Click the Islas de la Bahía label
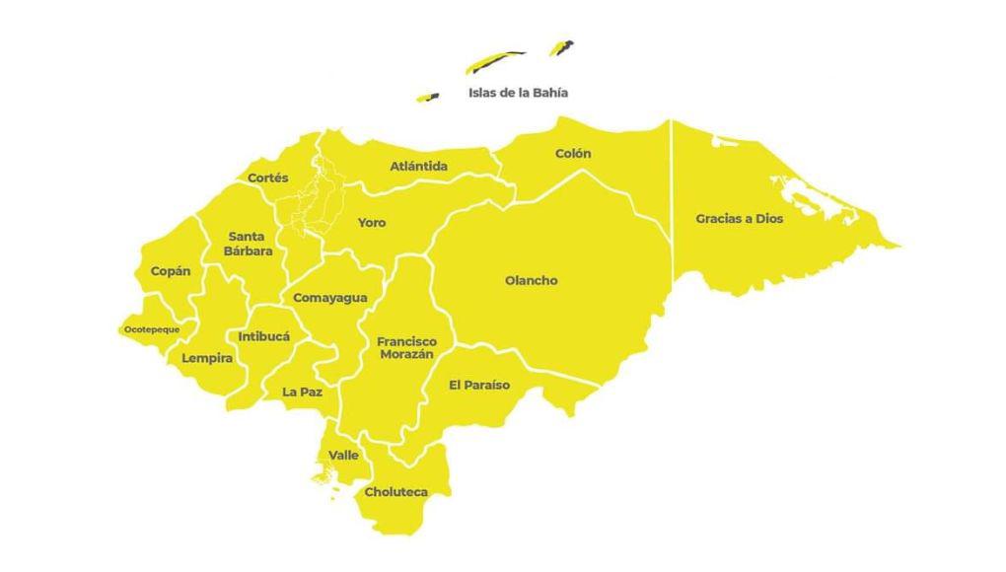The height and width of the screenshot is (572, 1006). [x=518, y=93]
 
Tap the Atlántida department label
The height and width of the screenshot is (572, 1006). [x=418, y=167]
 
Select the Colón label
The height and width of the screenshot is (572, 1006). [x=573, y=154]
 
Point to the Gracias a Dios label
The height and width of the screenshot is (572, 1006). [x=739, y=219]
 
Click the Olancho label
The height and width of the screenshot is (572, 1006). [x=532, y=281]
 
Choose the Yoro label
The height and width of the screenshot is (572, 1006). [x=372, y=223]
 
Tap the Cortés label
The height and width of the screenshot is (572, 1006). [x=268, y=179]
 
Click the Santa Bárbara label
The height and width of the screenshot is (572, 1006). [x=248, y=244]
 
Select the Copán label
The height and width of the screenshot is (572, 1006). [x=171, y=271]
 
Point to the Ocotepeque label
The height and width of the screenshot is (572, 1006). [x=152, y=329]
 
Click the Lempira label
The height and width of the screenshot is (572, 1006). [x=207, y=358]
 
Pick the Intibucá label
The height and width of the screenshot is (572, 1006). [x=264, y=336]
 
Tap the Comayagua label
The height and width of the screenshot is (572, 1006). [x=330, y=298]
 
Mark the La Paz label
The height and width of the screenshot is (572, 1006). [x=303, y=392]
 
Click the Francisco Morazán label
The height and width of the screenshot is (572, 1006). [x=406, y=347]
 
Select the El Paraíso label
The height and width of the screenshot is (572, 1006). [x=479, y=385]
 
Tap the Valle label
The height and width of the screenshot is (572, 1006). [x=343, y=455]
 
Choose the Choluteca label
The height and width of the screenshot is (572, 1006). [x=395, y=491]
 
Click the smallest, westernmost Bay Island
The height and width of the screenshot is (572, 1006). [x=428, y=97]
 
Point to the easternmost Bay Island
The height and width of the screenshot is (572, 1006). [x=562, y=47]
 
